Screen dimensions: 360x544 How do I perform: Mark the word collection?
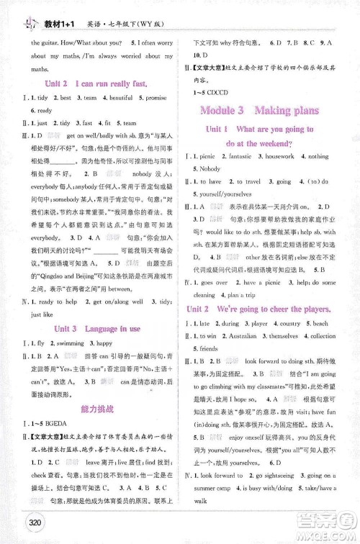click(x=322, y=336)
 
